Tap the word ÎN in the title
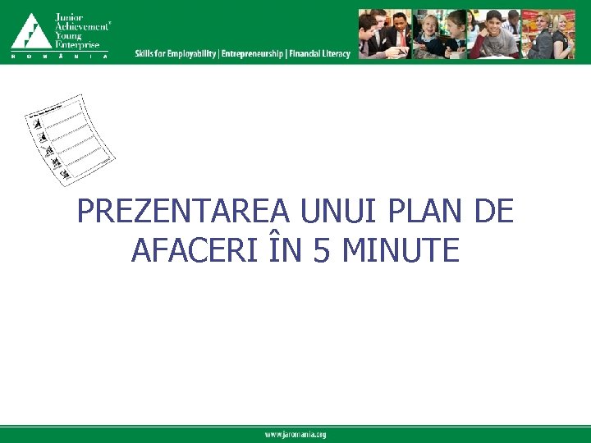coord(283,249)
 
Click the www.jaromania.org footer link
coord(295,435)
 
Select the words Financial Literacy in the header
coord(319,54)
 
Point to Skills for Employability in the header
coord(176,54)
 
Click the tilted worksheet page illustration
coord(69,139)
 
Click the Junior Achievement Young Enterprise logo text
coord(80,30)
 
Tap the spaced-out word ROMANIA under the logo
coord(59,57)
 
